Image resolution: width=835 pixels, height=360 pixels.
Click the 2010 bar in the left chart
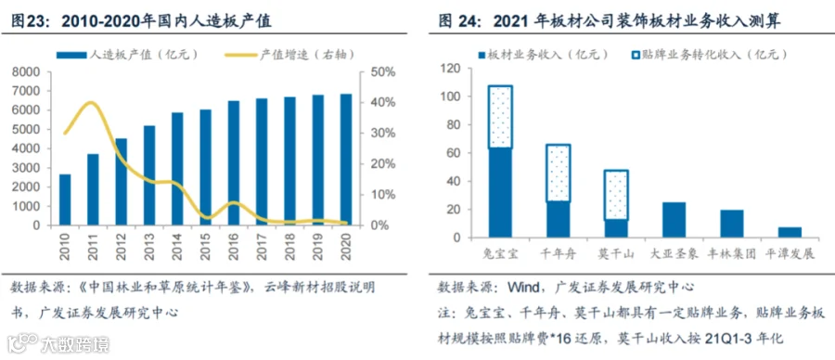(x=65, y=199)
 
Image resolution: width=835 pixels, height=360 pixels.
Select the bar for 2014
(x=177, y=169)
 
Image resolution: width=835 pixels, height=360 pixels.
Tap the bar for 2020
(x=346, y=160)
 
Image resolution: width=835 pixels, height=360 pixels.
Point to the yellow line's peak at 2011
(x=92, y=103)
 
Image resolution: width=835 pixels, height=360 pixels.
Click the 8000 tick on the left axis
(x=29, y=71)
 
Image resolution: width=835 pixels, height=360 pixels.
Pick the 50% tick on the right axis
(x=381, y=71)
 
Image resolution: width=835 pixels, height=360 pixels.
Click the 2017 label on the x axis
(x=262, y=247)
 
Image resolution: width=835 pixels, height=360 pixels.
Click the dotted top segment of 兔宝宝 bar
(x=500, y=116)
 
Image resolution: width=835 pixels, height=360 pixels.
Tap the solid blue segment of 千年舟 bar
(x=559, y=220)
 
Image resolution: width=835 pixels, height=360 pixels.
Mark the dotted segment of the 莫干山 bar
(x=617, y=195)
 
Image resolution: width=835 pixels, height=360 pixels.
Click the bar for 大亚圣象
(x=674, y=220)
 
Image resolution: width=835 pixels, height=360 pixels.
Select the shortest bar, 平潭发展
(x=790, y=232)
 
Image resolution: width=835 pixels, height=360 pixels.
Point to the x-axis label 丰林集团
(x=732, y=254)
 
